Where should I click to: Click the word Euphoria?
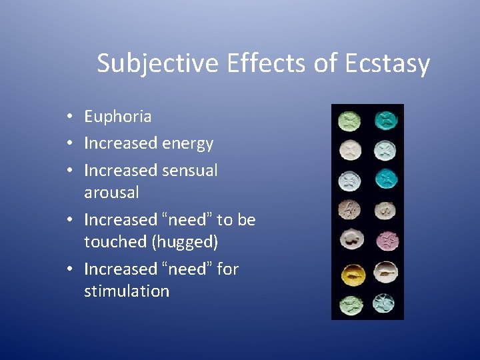point(117,117)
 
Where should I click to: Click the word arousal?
point(111,193)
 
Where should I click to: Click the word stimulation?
point(127,291)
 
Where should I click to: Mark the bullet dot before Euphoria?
point(69,117)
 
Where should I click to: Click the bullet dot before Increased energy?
point(69,144)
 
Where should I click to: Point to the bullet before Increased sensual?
point(69,171)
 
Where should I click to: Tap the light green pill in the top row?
point(349,120)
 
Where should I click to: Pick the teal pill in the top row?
point(385,120)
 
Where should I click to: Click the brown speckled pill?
point(349,211)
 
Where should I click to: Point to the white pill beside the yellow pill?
point(385,272)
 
